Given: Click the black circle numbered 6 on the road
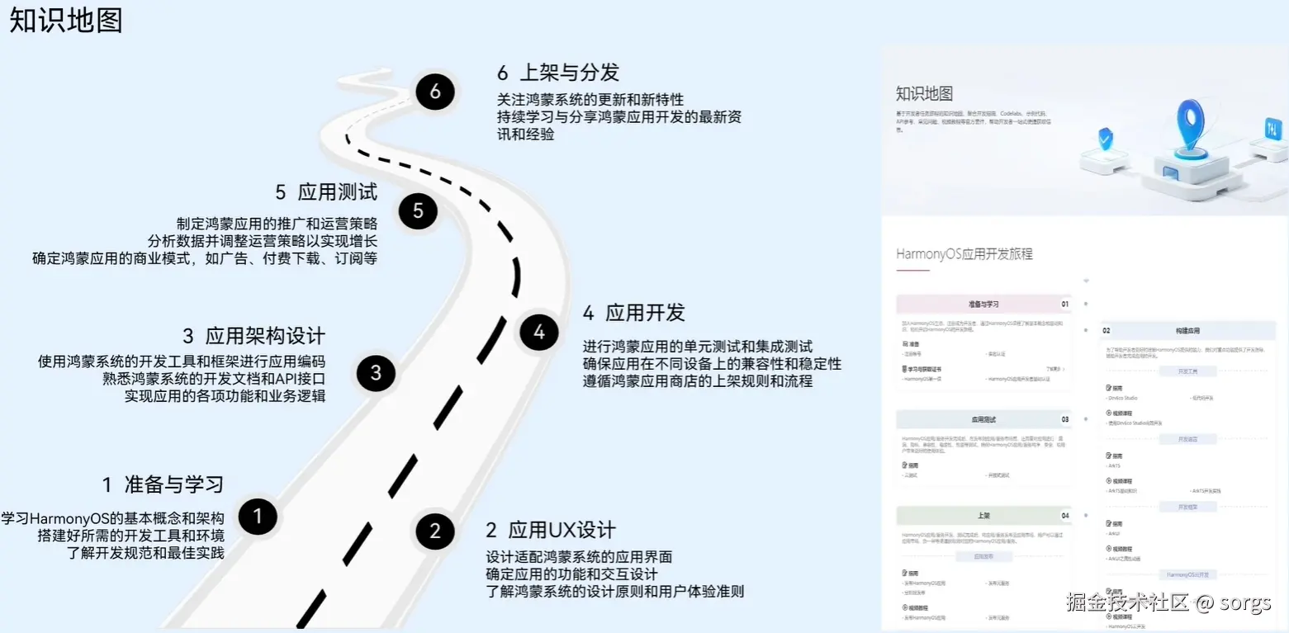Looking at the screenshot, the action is pyautogui.click(x=435, y=92).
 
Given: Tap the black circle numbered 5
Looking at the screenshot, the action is pyautogui.click(x=418, y=211).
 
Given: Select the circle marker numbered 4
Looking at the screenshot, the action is pyautogui.click(x=539, y=333).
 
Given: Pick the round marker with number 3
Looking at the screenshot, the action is pyautogui.click(x=377, y=373).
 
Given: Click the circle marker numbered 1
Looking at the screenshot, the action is pyautogui.click(x=258, y=517).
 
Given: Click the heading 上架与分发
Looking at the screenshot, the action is pyautogui.click(x=569, y=73).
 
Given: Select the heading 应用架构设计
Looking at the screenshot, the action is pyautogui.click(x=265, y=336).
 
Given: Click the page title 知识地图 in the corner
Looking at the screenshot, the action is pyautogui.click(x=66, y=21).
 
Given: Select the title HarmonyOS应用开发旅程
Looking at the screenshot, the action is pyautogui.click(x=964, y=254).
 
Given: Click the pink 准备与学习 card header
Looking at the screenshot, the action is pyautogui.click(x=983, y=304).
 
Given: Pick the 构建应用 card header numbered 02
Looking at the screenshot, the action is pyautogui.click(x=1187, y=330).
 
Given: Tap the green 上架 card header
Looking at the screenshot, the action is pyautogui.click(x=983, y=515).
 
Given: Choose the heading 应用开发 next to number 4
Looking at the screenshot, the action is pyautogui.click(x=645, y=313).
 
